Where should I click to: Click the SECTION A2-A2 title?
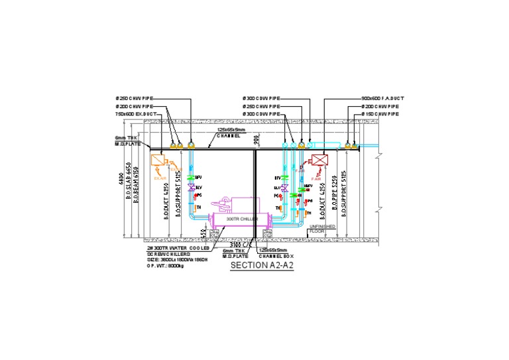click(x=261, y=266)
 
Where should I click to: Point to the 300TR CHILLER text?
click(x=239, y=219)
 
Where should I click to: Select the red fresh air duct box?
click(x=321, y=161)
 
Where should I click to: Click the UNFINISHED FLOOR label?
click(x=322, y=229)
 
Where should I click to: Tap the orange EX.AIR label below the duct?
click(x=160, y=178)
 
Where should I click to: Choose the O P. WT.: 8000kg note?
click(x=166, y=264)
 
